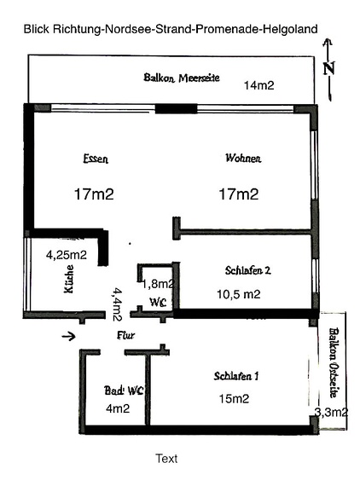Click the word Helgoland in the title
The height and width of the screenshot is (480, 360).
pos(290,29)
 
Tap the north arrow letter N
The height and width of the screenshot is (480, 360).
pos(328,68)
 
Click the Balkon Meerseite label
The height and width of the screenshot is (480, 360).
pos(182,78)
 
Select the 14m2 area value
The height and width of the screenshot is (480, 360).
pos(258,85)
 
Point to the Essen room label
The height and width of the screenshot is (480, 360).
pos(96,159)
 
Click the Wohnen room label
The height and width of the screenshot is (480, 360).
pos(243,159)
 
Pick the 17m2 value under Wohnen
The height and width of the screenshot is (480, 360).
pos(239,194)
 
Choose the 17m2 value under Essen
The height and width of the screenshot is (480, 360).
pos(94,194)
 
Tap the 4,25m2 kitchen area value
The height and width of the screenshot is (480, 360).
pos(67,255)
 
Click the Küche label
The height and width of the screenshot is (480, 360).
pos(69,279)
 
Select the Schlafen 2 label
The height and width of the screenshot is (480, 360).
pos(248,270)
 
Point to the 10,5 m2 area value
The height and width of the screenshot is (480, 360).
pos(239,294)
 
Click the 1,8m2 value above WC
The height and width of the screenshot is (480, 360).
pos(158,285)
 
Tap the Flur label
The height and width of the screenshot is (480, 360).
pos(126,336)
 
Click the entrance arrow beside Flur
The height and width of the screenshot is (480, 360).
pos(68,337)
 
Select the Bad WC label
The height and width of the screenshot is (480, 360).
pos(124,390)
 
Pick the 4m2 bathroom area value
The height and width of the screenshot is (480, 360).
pos(118,408)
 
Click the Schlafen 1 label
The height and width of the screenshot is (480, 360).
pos(236,376)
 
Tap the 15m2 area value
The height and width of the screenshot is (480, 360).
pos(234,399)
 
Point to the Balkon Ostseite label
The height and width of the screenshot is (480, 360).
pos(334,362)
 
